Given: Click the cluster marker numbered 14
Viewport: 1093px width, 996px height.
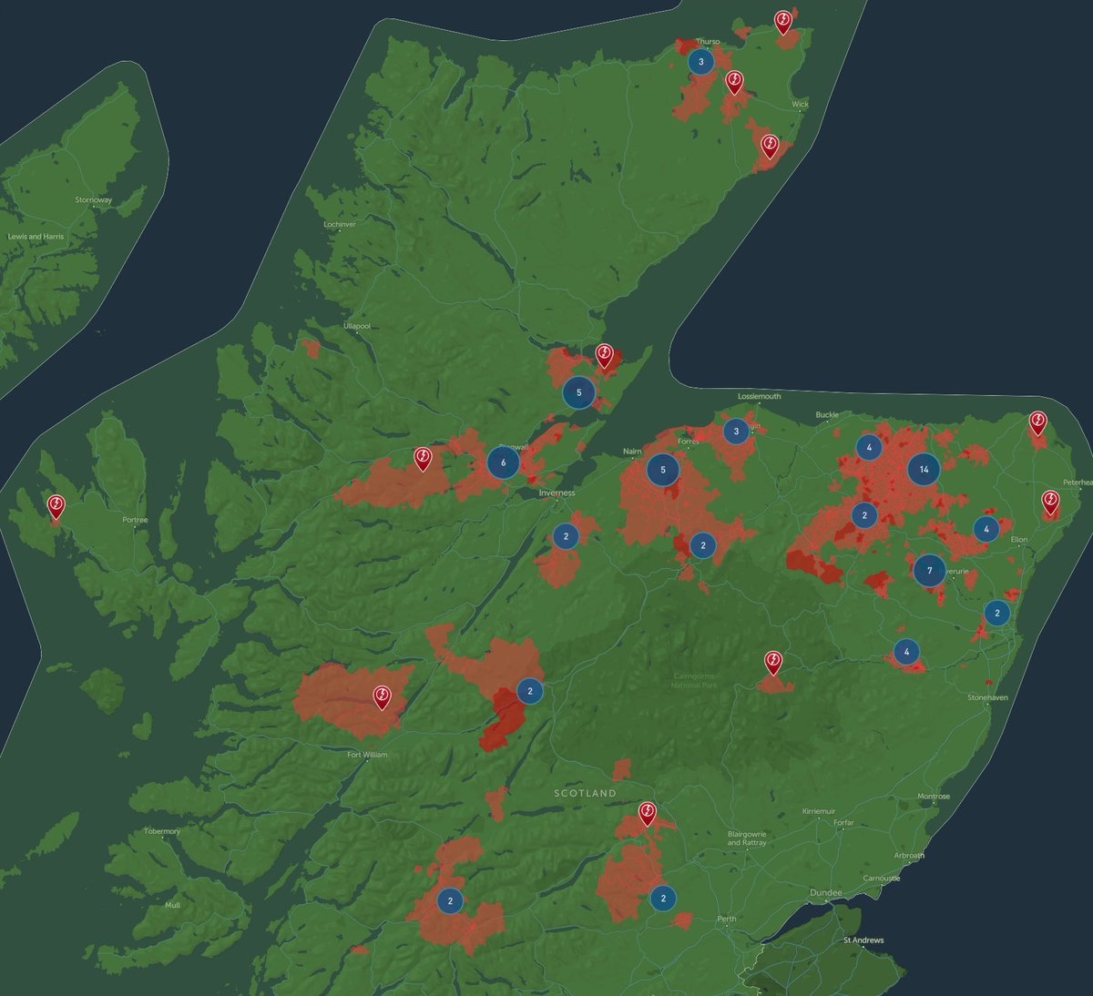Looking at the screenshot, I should pos(924,470).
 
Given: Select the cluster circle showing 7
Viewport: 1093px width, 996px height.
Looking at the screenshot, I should pos(929,571).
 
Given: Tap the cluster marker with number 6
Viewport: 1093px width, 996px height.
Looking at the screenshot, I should pos(503,462).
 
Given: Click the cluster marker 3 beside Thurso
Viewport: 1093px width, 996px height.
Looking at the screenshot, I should pos(700,62).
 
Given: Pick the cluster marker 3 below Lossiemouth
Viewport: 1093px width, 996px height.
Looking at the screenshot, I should pos(736,432).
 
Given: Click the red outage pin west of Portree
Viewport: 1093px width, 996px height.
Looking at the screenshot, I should pos(56,505).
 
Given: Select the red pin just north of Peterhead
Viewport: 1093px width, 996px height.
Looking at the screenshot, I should pos(1037,422).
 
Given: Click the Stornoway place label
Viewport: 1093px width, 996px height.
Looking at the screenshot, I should pos(94,200).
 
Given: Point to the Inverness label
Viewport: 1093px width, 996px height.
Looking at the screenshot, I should pos(557,493).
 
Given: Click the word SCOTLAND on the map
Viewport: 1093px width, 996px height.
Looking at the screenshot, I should pos(585,794).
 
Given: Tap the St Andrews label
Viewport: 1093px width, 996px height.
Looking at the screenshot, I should pos(863,940).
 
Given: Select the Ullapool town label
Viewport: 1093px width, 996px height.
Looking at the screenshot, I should pos(357,326).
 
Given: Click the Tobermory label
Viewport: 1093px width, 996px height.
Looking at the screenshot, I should pos(162,831).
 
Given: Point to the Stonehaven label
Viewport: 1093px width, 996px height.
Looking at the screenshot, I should pos(988,697).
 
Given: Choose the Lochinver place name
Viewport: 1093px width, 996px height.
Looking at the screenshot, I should pos(340,224).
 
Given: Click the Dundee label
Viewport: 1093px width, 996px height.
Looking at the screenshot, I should pos(826,892).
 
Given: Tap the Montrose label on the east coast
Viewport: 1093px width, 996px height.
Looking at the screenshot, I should pos(934,797).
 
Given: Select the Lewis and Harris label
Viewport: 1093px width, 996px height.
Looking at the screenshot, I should pos(37,237).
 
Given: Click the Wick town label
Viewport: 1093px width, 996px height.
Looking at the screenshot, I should pos(800,105).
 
